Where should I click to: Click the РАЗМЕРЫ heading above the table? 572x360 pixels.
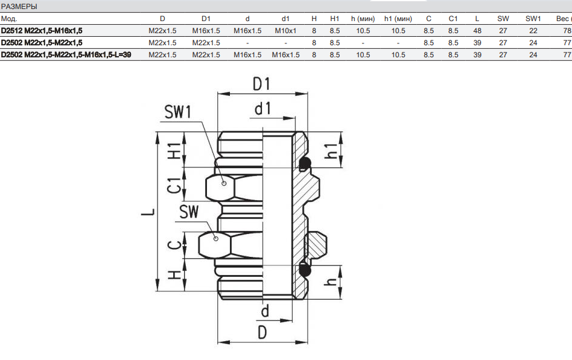click(x=19, y=7)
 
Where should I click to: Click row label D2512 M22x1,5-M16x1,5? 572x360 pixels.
click(x=42, y=31)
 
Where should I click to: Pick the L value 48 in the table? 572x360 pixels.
click(x=477, y=31)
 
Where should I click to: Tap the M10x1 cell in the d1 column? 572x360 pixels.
click(x=285, y=31)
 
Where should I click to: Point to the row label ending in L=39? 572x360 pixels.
click(x=66, y=55)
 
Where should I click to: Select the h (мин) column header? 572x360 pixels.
click(x=362, y=19)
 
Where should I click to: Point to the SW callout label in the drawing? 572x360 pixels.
click(x=189, y=212)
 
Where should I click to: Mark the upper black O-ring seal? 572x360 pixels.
click(x=305, y=163)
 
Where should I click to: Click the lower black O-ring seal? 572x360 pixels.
click(x=305, y=270)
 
